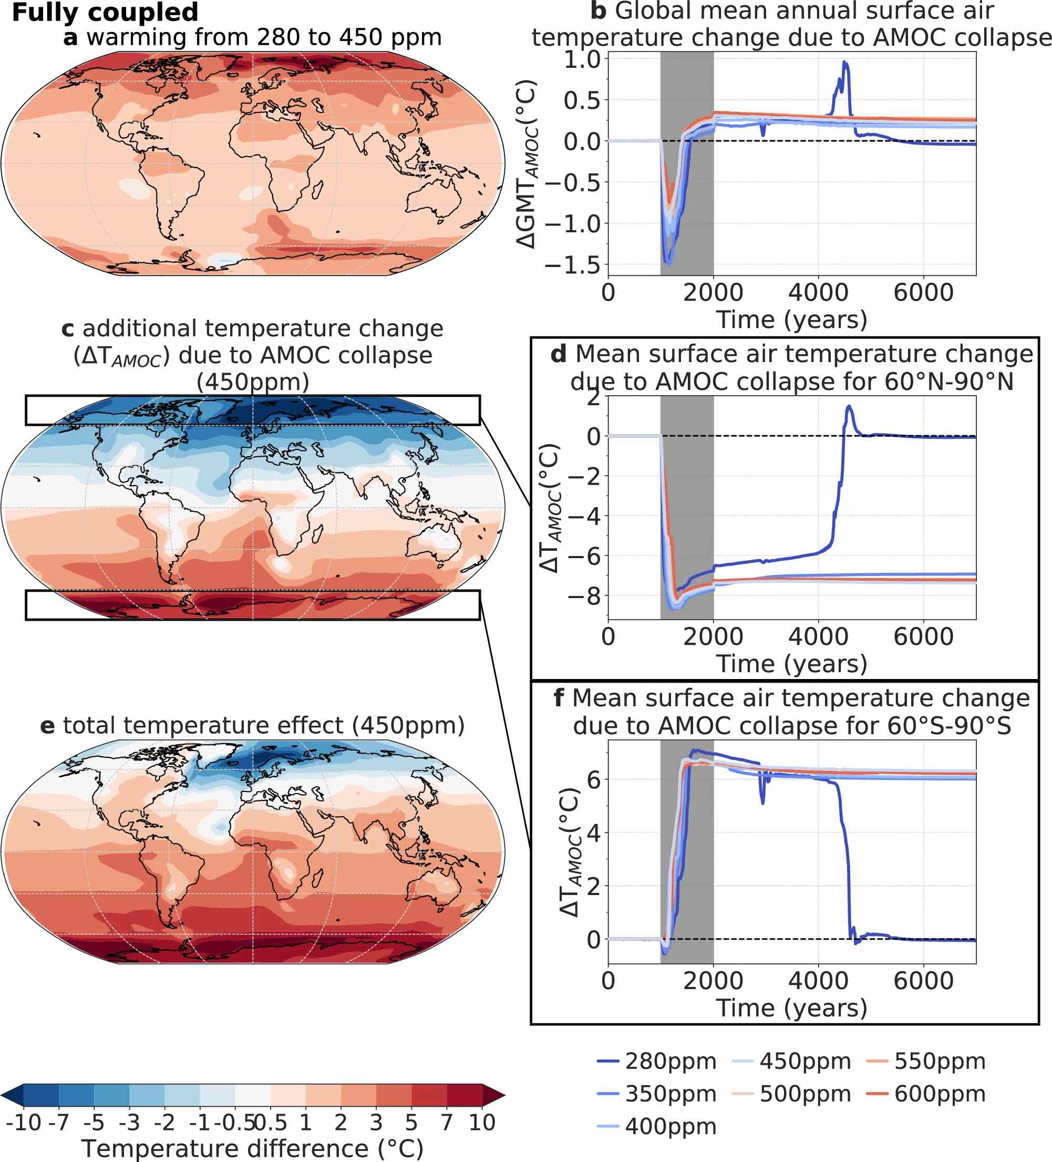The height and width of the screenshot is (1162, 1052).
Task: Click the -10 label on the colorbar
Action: click(x=23, y=1122)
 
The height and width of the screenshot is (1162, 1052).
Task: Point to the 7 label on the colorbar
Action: click(x=447, y=1122)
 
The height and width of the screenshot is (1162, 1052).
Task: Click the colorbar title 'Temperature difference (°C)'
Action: click(x=252, y=1148)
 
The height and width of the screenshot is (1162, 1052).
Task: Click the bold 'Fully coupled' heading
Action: click(x=105, y=12)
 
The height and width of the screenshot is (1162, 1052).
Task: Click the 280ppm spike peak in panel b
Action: click(x=844, y=61)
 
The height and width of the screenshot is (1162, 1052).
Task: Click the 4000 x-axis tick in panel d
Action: click(x=818, y=637)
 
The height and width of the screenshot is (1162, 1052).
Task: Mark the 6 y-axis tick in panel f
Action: click(x=593, y=780)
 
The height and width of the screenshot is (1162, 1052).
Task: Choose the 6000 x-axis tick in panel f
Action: click(x=923, y=981)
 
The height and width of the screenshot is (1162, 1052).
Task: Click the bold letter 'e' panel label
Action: click(x=47, y=725)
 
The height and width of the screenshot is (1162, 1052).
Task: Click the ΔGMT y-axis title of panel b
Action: click(x=527, y=164)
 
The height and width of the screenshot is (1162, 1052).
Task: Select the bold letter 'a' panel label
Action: click(x=70, y=37)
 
